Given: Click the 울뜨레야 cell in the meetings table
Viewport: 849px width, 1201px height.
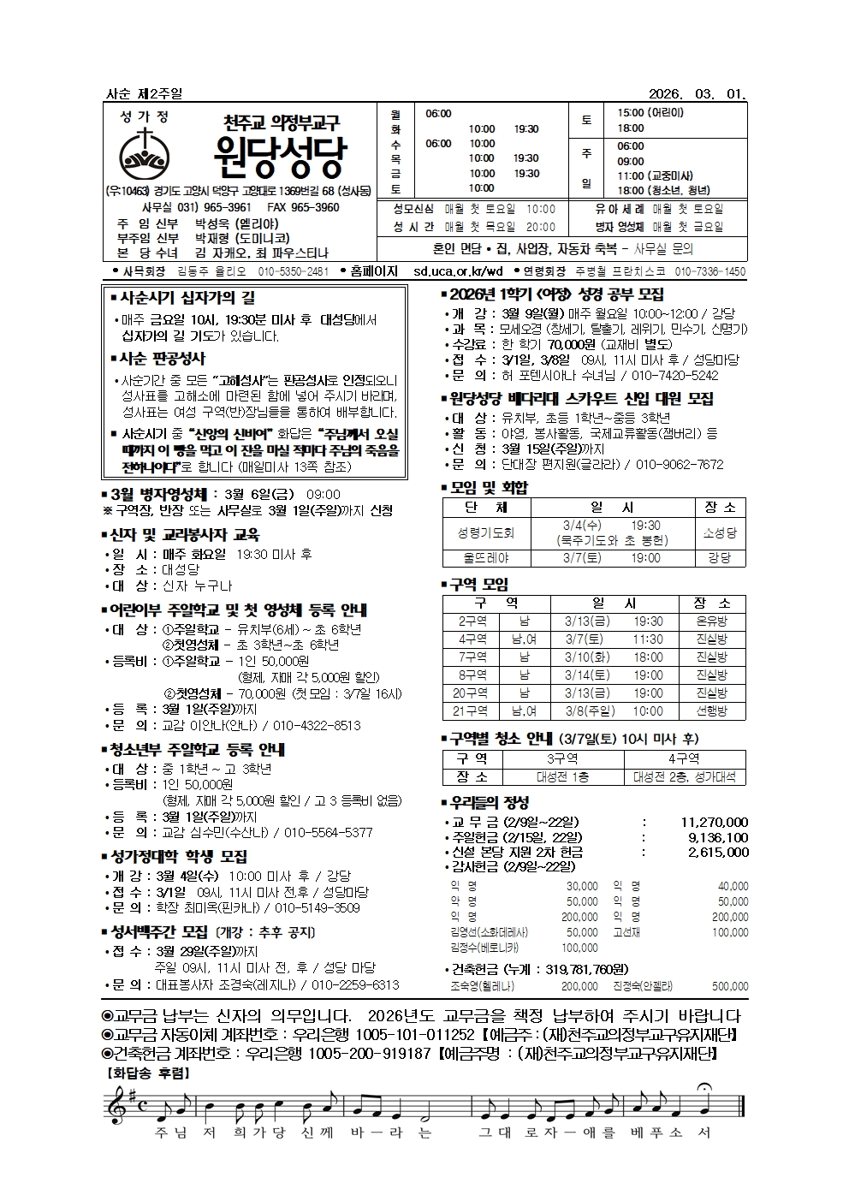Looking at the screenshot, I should tap(485, 557).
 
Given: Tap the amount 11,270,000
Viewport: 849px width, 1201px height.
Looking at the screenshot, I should tap(715, 822).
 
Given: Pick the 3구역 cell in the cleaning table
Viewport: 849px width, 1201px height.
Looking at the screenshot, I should tap(562, 758).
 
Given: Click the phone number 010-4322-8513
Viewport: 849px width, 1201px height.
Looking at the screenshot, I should tap(317, 725).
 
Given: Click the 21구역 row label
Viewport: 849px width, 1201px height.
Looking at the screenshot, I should tap(472, 711).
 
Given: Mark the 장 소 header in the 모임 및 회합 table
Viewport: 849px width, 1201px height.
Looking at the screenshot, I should tap(719, 508).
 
